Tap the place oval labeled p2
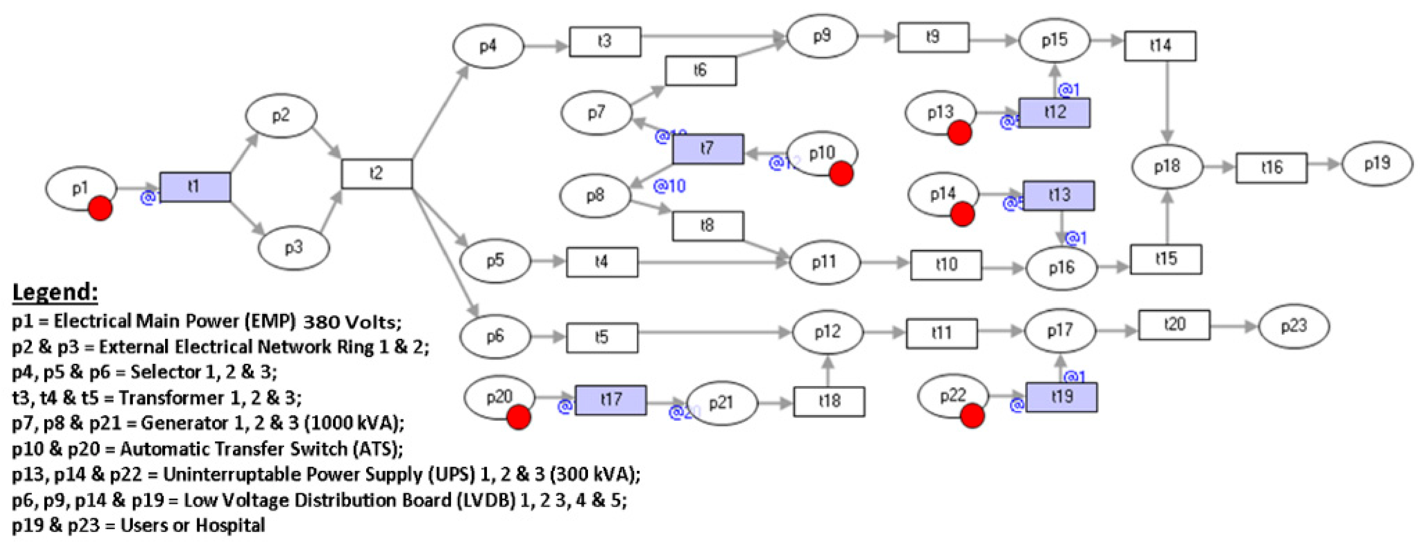click(x=281, y=116)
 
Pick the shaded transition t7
click(x=708, y=149)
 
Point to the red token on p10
click(x=841, y=174)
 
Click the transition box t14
click(x=1160, y=46)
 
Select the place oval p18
click(x=1167, y=166)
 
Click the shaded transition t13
click(x=1058, y=195)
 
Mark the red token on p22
click(x=972, y=415)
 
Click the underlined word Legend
click(x=55, y=292)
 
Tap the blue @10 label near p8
click(x=669, y=186)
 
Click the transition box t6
click(x=700, y=71)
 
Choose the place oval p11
click(x=824, y=262)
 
